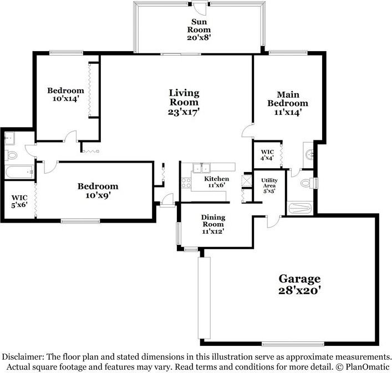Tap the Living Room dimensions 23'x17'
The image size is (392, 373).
(x=184, y=112)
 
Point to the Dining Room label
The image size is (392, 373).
(x=212, y=224)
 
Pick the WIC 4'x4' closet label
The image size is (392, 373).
(x=267, y=155)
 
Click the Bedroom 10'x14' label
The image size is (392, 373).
(x=65, y=94)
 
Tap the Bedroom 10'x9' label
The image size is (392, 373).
(x=98, y=190)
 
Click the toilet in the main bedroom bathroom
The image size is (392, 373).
(x=306, y=183)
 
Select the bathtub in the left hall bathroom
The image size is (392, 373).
(x=19, y=172)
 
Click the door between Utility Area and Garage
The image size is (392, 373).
(x=272, y=221)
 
